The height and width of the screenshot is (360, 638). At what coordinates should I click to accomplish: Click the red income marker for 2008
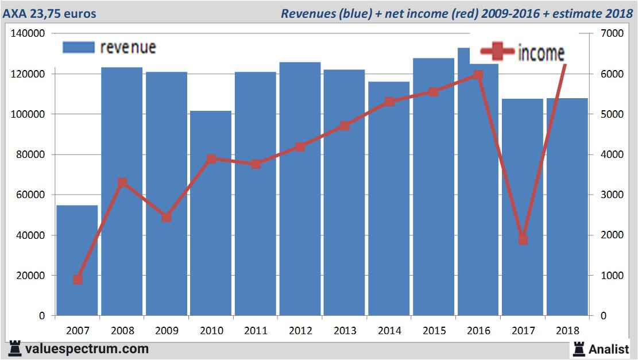tap(122, 183)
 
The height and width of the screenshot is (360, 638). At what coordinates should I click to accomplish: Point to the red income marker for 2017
tap(523, 239)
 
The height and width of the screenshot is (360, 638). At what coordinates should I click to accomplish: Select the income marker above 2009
tap(167, 218)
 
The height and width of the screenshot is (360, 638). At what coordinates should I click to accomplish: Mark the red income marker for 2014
tap(389, 102)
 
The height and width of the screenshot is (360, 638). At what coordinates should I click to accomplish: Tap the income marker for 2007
tap(78, 280)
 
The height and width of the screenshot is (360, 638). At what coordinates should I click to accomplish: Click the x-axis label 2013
tap(345, 331)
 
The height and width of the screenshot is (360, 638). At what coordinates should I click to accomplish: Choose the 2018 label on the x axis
tap(567, 331)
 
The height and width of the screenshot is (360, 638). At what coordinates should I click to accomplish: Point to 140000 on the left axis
tap(28, 34)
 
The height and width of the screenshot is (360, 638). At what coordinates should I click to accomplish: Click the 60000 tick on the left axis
tap(31, 195)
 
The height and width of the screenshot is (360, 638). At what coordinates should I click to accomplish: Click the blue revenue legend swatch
tap(78, 48)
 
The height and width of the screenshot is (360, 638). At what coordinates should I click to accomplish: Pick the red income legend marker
tap(497, 53)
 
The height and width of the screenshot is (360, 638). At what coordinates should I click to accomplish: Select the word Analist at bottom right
tap(609, 349)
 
